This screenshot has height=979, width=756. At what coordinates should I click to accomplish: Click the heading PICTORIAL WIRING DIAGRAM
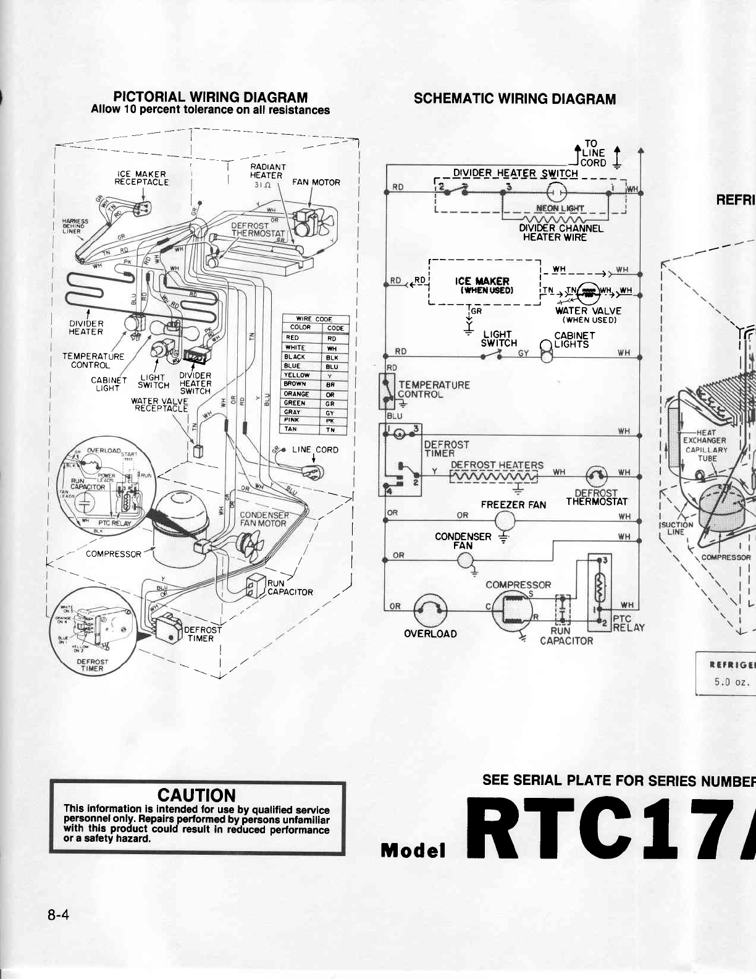[x=210, y=97]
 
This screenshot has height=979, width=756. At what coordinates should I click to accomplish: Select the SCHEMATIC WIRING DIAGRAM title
[x=514, y=99]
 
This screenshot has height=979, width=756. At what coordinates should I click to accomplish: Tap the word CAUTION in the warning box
[x=197, y=795]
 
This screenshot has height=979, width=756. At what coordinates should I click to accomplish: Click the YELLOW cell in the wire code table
[x=297, y=375]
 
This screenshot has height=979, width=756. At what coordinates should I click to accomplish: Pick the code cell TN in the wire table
[x=331, y=429]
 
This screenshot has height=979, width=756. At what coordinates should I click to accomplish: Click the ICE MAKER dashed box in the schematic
[x=484, y=282]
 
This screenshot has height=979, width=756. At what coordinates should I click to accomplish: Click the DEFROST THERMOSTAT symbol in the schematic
[x=596, y=475]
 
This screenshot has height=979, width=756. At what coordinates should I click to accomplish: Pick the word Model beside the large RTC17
[x=414, y=851]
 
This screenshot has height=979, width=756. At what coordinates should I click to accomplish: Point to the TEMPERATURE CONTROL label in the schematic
[x=433, y=389]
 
